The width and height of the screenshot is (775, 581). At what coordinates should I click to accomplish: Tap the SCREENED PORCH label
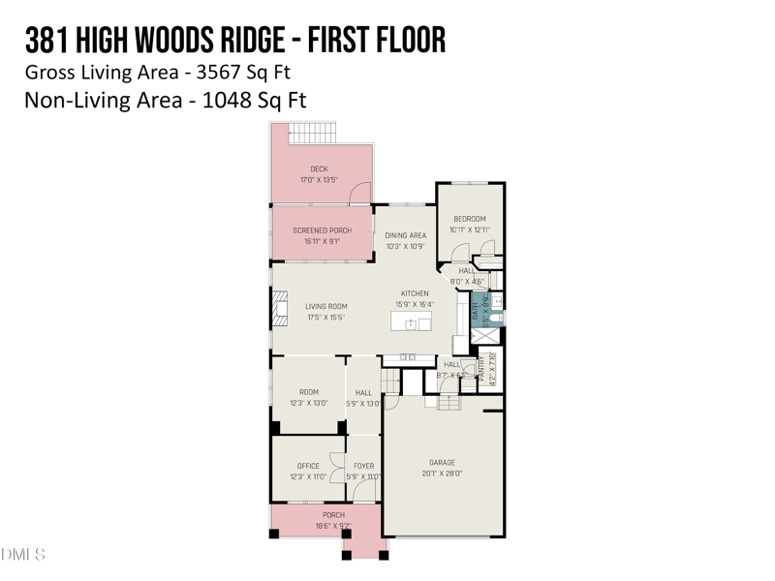pyautogui.click(x=321, y=230)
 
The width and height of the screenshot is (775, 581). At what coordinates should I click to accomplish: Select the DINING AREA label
pyautogui.click(x=405, y=235)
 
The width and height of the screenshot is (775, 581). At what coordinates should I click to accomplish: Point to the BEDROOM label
pyautogui.click(x=470, y=219)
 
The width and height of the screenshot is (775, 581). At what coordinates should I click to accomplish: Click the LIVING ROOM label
pyautogui.click(x=325, y=306)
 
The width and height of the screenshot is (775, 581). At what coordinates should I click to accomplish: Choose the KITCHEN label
pyautogui.click(x=415, y=293)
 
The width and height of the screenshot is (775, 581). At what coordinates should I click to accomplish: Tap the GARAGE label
pyautogui.click(x=442, y=462)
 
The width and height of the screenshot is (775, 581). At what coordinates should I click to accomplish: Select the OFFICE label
pyautogui.click(x=308, y=466)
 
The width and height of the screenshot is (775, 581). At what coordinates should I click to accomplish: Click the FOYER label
pyautogui.click(x=363, y=466)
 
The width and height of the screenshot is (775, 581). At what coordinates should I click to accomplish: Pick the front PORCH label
pyautogui.click(x=333, y=515)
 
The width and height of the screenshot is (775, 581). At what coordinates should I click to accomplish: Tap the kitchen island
pyautogui.click(x=412, y=322)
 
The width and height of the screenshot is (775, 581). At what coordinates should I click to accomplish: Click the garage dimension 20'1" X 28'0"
pyautogui.click(x=442, y=474)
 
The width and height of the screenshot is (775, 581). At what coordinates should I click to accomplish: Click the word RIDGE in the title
pyautogui.click(x=242, y=40)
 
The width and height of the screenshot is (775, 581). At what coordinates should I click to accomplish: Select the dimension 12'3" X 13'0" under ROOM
pyautogui.click(x=308, y=403)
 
